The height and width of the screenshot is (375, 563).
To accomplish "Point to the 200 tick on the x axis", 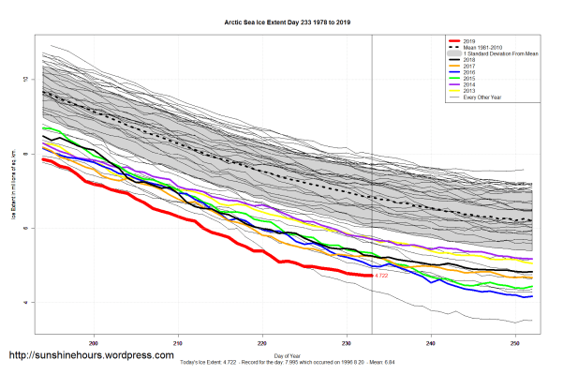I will click(x=93, y=342).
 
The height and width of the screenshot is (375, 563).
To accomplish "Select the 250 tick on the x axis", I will click(x=516, y=342).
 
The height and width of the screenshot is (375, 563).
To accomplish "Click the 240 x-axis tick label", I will click(x=431, y=342).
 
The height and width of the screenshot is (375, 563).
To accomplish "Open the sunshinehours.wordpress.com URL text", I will click(x=91, y=356).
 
